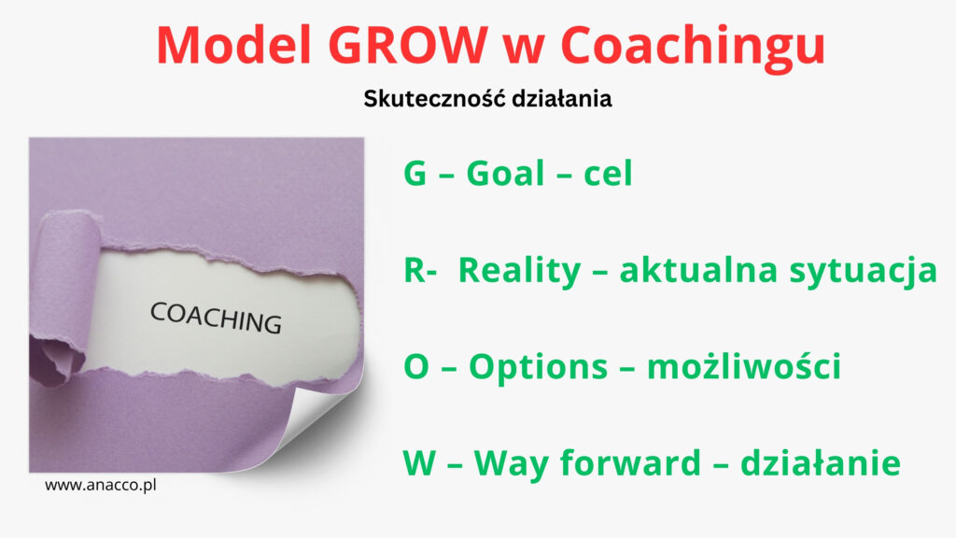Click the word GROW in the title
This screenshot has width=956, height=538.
(408, 45)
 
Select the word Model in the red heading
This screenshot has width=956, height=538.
(234, 45)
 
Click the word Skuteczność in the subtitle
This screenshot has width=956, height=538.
(433, 97)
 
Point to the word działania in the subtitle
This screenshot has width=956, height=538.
(561, 98)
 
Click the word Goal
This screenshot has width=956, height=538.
(505, 173)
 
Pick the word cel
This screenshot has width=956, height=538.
(608, 173)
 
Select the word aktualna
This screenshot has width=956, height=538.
(698, 270)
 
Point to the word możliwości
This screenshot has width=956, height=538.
(744, 366)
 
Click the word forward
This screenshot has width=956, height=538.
(630, 462)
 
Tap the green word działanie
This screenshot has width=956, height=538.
(820, 462)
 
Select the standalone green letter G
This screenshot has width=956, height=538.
(415, 173)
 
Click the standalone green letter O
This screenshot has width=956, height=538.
(416, 366)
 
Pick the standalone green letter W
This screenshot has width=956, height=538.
(419, 463)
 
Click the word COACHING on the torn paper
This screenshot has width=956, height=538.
(216, 318)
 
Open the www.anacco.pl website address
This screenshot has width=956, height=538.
(101, 486)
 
